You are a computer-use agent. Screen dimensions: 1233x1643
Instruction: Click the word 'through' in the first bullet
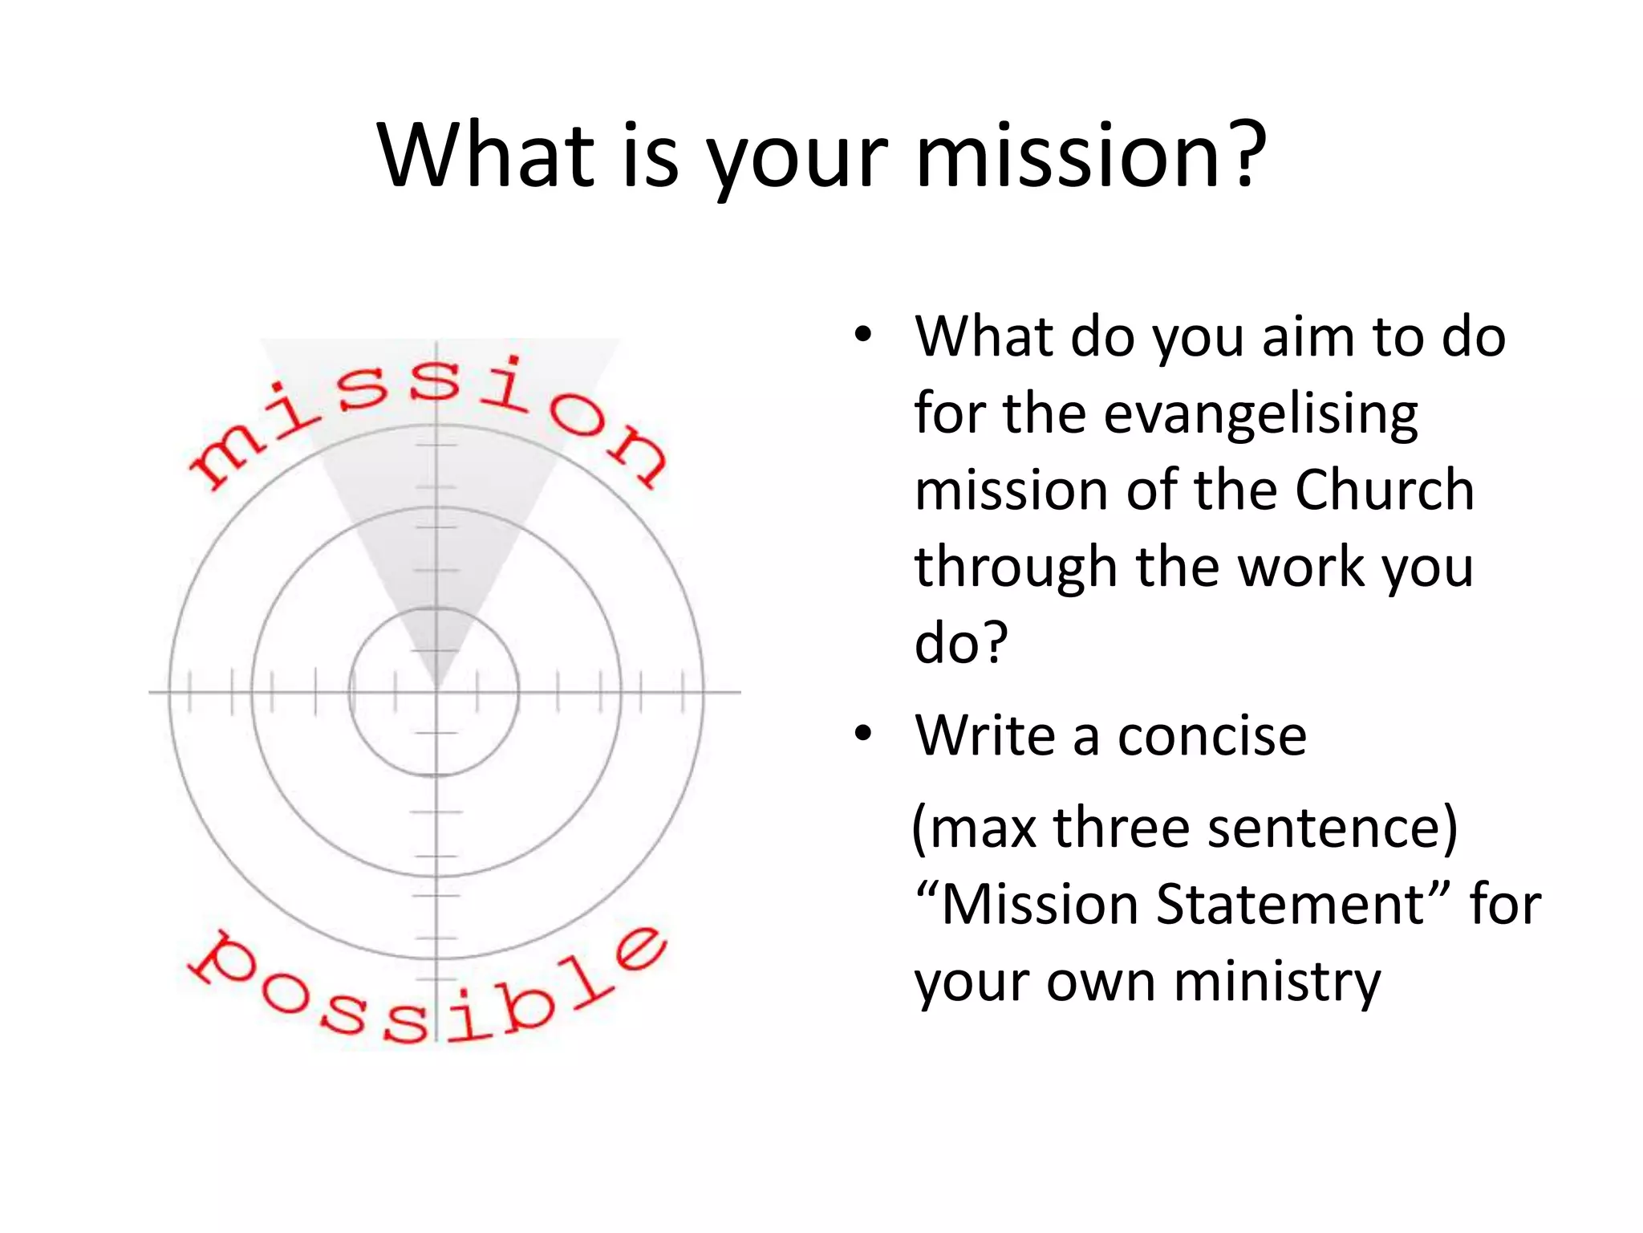point(1016,568)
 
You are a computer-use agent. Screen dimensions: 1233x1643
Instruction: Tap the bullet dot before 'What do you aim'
point(862,335)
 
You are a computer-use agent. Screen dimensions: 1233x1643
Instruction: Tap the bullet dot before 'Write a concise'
point(862,733)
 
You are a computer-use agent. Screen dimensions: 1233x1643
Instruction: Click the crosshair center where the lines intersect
point(436,691)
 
